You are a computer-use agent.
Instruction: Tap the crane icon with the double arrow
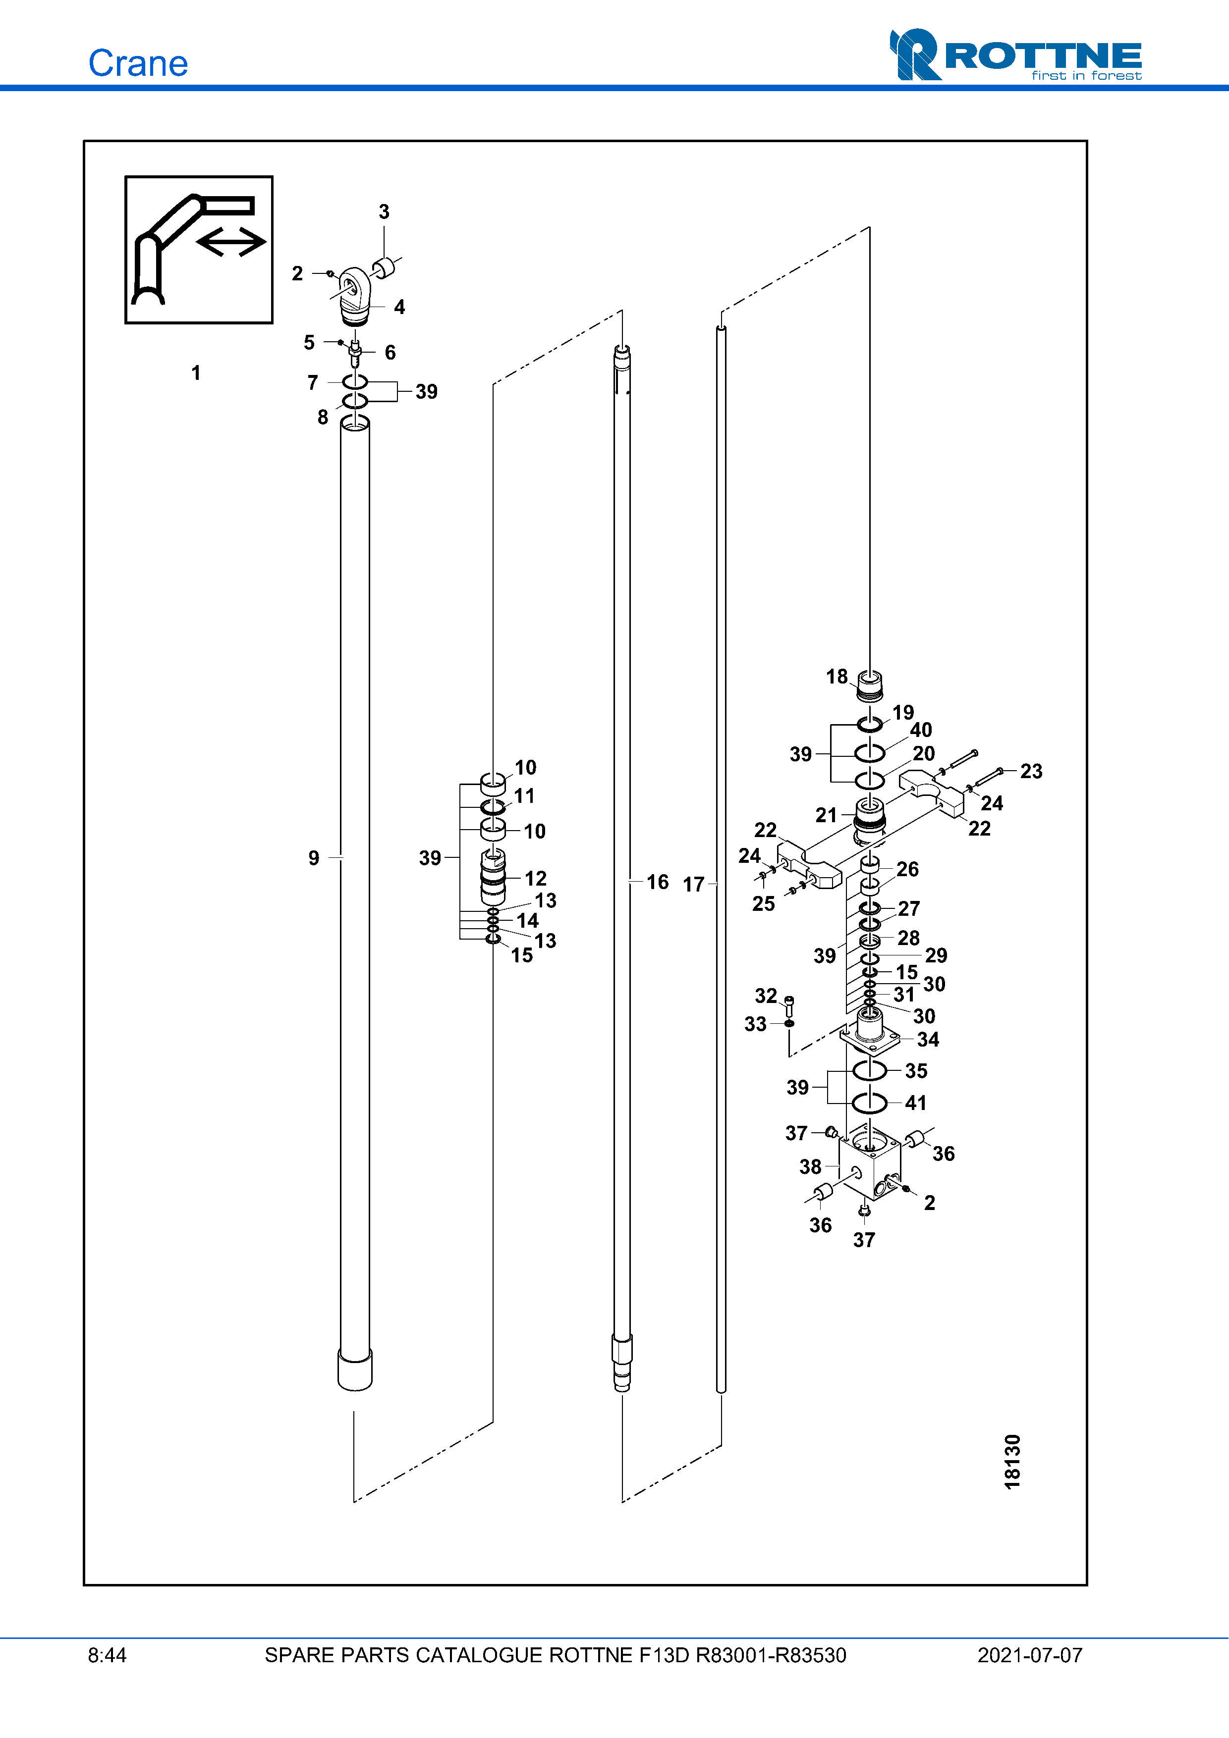coord(198,250)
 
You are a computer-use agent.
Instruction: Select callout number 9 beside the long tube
coord(314,858)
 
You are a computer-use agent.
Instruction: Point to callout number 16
coord(657,882)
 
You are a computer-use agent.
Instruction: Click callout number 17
coord(694,884)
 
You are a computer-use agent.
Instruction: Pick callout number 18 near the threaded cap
coord(837,676)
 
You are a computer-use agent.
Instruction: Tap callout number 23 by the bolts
coord(1031,771)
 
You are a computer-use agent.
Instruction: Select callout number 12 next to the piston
coord(535,878)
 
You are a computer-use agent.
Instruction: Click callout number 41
coord(915,1103)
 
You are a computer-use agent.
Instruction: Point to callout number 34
coord(928,1039)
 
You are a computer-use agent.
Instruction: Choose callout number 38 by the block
coord(810,1166)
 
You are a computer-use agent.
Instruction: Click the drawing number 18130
coord(1012,1461)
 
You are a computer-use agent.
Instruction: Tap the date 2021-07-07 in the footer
coord(1029,1655)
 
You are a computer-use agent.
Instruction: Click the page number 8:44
coord(107,1655)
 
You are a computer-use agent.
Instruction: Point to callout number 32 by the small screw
coord(766,996)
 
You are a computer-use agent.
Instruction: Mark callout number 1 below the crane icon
coord(196,372)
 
